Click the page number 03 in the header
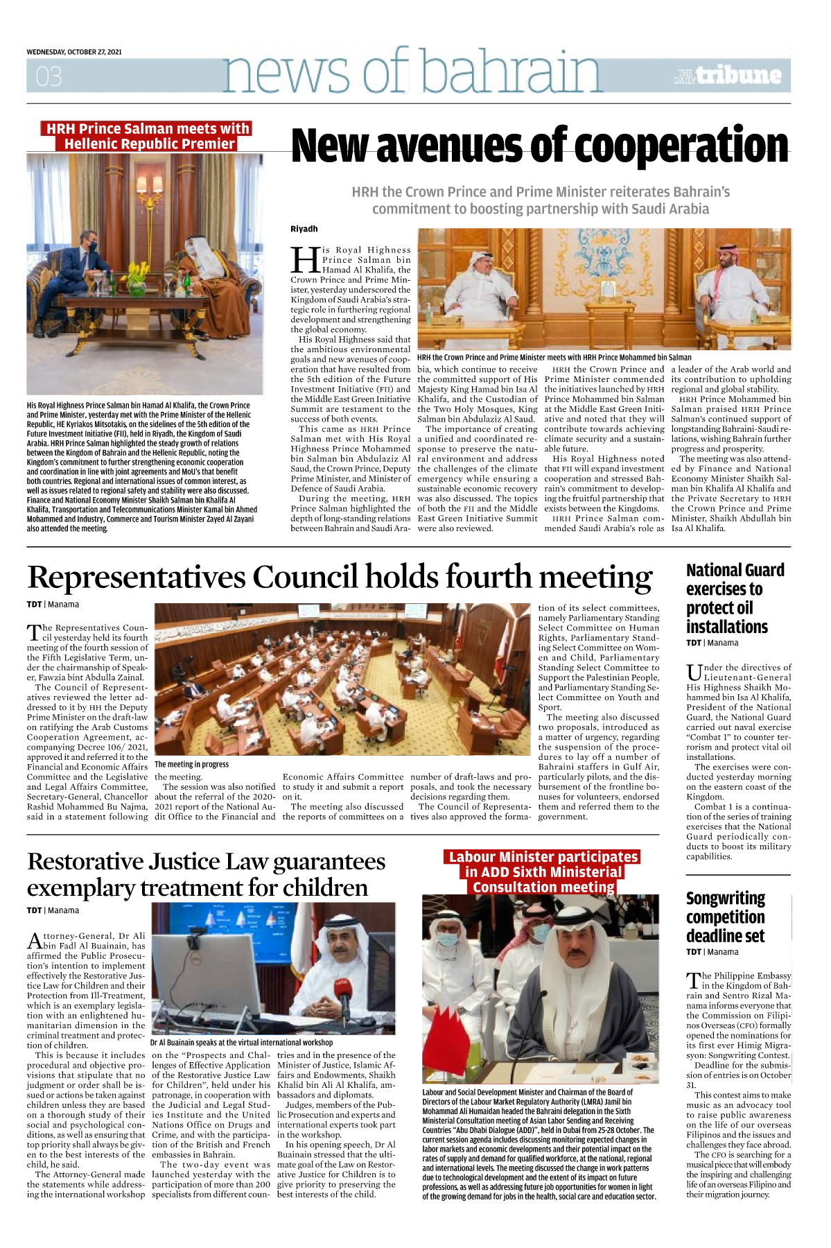pos(49,76)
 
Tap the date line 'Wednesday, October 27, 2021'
pos(74,52)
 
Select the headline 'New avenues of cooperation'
pos(539,146)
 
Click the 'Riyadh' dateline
pos(304,229)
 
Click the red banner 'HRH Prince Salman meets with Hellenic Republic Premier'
pos(147,136)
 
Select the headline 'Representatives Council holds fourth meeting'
pos(340,577)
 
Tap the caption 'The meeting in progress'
pos(191,764)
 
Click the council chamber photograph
pos(342,679)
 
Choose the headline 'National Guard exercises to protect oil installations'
pos(735,598)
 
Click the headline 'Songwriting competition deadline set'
pos(726,917)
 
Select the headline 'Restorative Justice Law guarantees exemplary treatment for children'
pos(206,874)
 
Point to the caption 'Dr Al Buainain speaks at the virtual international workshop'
pos(241,1042)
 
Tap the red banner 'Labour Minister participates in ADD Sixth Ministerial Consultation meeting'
pos(543,872)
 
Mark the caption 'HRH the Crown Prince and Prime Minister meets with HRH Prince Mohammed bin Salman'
pos(554,358)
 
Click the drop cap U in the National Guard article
pos(694,672)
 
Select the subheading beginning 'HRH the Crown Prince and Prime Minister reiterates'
pos(541,200)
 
